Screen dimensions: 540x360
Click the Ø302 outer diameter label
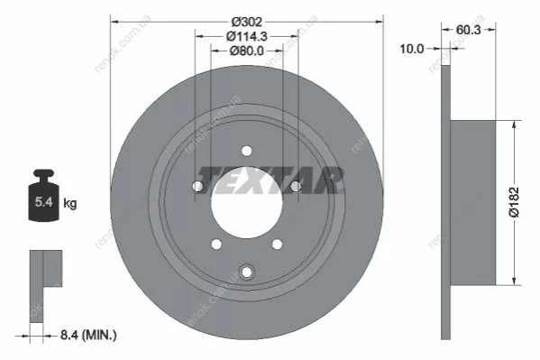(x=247, y=22)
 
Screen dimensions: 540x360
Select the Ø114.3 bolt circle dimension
(x=247, y=36)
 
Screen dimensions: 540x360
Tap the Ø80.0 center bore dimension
(x=247, y=51)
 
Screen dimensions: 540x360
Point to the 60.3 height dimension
(x=469, y=30)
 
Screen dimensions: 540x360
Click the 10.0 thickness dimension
(x=412, y=49)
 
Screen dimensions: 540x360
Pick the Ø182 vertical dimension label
(x=514, y=202)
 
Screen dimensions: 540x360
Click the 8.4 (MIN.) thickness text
(x=88, y=335)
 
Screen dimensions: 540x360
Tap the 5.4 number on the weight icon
(x=44, y=202)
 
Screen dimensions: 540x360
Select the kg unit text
(x=70, y=203)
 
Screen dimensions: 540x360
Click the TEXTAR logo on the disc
(x=270, y=180)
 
